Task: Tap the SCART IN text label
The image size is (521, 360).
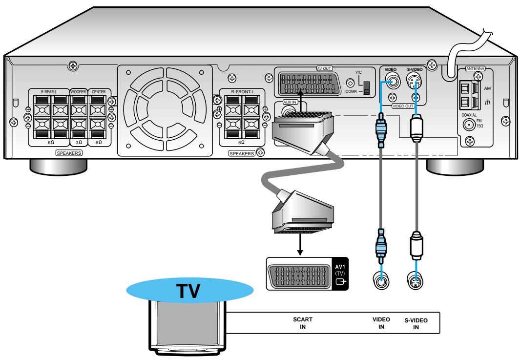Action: pyautogui.click(x=302, y=322)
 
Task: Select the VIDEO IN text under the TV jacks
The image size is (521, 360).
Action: pyautogui.click(x=381, y=322)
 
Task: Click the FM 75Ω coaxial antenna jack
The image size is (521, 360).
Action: pyautogui.click(x=470, y=125)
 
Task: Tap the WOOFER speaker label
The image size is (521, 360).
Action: pyautogui.click(x=78, y=91)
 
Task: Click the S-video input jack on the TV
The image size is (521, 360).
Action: pyautogui.click(x=415, y=281)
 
